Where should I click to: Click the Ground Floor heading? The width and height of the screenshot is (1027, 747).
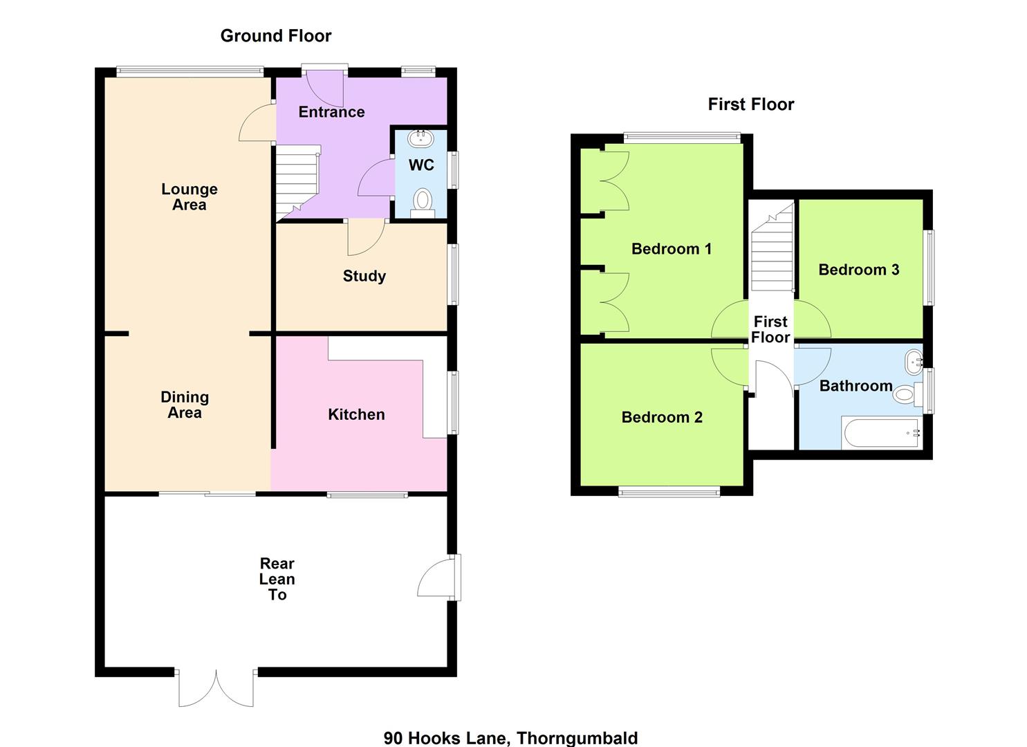click(275, 36)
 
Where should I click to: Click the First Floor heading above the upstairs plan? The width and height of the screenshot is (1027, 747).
click(750, 104)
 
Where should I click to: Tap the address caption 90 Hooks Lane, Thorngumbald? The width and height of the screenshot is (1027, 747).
click(511, 738)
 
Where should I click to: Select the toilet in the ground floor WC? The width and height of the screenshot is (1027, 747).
click(423, 203)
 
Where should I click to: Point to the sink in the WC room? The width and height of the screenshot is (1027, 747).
click(420, 138)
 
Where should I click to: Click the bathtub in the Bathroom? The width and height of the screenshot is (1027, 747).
click(881, 432)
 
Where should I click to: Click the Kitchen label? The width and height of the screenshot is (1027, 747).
click(356, 414)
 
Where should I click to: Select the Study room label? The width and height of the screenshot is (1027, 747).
click(364, 276)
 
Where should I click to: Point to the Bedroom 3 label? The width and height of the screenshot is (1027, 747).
click(859, 270)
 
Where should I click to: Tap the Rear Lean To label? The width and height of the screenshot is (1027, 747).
click(277, 579)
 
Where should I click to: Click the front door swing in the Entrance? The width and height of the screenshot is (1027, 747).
click(324, 89)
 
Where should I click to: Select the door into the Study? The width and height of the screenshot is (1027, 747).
click(366, 237)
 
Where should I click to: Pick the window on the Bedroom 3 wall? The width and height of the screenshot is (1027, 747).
click(929, 268)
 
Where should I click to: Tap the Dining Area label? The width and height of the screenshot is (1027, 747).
click(185, 405)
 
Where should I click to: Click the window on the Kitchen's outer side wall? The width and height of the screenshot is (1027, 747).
click(453, 403)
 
